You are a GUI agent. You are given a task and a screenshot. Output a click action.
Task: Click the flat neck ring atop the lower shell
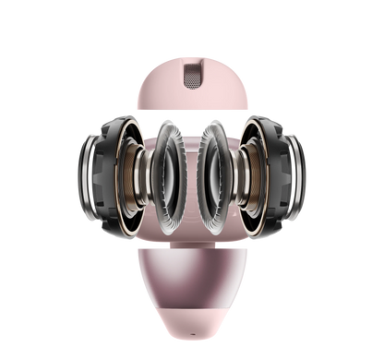[191, 243]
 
